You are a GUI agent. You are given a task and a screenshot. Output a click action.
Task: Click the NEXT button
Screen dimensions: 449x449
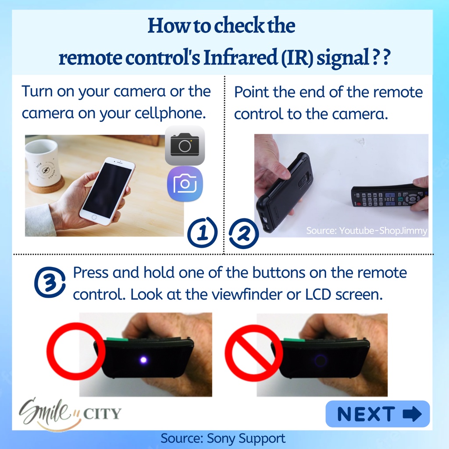[x=378, y=414]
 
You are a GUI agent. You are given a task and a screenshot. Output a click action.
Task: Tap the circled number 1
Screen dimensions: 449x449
[x=203, y=232]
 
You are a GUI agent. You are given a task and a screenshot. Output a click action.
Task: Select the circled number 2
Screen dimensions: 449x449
[x=244, y=233]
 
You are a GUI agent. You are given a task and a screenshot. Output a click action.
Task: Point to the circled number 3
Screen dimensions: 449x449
[x=50, y=282]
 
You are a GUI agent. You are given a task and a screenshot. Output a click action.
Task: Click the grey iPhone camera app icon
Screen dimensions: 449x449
[x=185, y=145]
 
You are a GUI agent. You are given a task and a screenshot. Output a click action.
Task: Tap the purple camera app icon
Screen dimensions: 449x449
[x=185, y=184]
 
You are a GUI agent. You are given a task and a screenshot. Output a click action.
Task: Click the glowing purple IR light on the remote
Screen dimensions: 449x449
[x=143, y=360]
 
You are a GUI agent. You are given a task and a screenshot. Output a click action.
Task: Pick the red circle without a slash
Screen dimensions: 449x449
[x=76, y=351]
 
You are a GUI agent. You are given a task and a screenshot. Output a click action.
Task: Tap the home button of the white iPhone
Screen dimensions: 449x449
[x=94, y=217]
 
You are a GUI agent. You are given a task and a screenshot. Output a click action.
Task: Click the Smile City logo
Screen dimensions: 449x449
[x=70, y=414]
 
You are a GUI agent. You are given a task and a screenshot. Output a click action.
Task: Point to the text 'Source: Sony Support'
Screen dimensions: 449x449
[x=223, y=438]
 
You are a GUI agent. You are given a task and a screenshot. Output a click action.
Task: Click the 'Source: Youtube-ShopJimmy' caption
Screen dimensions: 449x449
[x=367, y=231]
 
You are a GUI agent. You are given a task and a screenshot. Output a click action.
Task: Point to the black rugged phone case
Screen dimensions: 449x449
[x=284, y=190]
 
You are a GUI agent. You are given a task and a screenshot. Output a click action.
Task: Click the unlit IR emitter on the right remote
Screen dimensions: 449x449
[x=320, y=360]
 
